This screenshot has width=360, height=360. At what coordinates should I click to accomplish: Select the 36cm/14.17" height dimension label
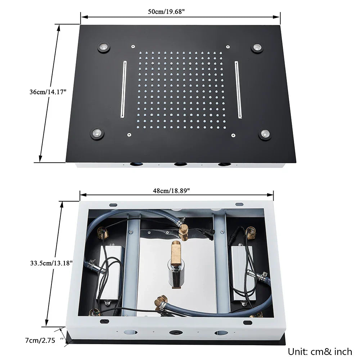[x=48, y=92]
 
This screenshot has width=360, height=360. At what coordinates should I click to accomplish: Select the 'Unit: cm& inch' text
[x=320, y=351]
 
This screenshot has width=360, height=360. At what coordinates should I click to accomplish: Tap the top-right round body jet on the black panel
[x=257, y=48]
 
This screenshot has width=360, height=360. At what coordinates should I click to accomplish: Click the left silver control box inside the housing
[x=112, y=274]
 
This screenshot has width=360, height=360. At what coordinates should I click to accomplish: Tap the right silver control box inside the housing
[x=244, y=273]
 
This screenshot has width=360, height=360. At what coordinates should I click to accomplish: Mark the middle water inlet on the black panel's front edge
[x=180, y=165]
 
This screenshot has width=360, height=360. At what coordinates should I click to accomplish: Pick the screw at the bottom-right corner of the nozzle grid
[x=233, y=135]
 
